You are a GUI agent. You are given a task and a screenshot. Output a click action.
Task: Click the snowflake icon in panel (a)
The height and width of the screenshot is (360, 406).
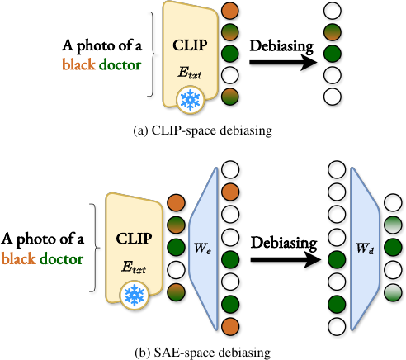click(190, 99)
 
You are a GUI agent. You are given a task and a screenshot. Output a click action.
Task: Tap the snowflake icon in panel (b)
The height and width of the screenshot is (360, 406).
click(134, 296)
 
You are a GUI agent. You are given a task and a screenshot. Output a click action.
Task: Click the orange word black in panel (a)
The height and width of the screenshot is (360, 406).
click(78, 65)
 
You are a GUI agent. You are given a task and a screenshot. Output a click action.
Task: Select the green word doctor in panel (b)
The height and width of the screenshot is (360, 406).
click(62, 259)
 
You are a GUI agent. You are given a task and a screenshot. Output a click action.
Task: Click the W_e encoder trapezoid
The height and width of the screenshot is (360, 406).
click(204, 249)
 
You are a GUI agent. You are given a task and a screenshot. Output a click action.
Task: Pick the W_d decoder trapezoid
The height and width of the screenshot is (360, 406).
click(365, 249)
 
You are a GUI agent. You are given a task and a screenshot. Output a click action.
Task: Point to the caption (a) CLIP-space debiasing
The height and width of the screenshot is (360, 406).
click(203, 130)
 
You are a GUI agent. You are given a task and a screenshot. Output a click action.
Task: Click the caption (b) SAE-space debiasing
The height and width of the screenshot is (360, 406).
click(203, 353)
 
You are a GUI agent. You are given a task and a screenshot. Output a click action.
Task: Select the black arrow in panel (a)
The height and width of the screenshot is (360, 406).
click(283, 63)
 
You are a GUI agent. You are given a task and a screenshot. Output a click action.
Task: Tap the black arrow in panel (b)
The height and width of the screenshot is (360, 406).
click(286, 259)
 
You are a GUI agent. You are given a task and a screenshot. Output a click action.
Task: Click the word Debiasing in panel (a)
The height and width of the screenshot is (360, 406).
click(281, 46)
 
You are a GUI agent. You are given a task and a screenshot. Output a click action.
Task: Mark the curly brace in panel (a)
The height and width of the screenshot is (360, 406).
click(152, 54)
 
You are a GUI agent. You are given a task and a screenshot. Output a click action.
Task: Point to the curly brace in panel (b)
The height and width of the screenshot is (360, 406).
click(95, 248)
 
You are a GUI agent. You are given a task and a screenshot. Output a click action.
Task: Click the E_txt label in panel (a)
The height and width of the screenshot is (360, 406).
click(190, 73)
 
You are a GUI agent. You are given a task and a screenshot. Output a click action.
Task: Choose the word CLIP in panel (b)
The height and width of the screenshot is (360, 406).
click(134, 239)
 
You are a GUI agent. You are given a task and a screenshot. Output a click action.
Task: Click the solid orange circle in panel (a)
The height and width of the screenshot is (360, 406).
click(230, 11)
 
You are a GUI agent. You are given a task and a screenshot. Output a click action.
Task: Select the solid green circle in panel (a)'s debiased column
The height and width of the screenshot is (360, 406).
click(333, 54)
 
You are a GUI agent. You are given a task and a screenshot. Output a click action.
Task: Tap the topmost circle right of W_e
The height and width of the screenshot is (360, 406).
click(230, 169)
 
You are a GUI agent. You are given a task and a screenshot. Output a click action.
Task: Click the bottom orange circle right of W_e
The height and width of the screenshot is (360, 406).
click(230, 327)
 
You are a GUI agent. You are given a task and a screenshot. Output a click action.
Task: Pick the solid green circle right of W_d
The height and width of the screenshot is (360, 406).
click(393, 248)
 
